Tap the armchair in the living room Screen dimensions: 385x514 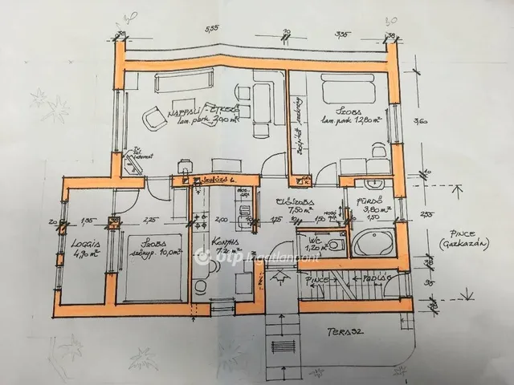tap(153, 120)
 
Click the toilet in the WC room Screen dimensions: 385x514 tap(338, 241)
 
